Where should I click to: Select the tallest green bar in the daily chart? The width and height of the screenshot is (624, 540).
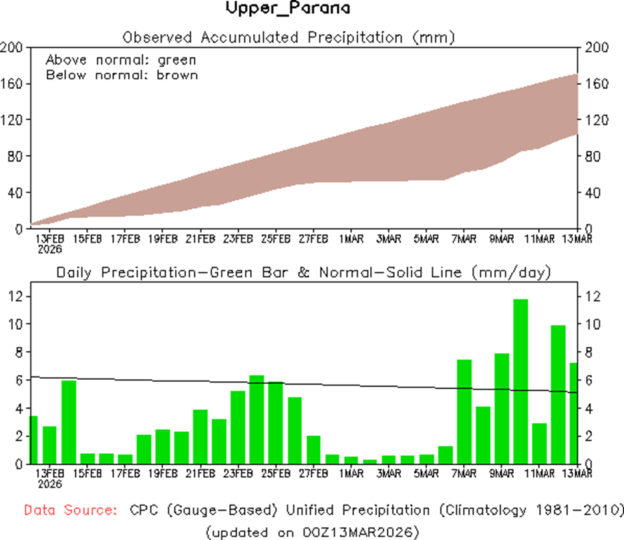520,381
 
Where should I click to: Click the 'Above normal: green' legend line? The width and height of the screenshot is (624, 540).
121,60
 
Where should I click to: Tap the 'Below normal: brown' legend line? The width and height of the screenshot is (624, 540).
122,75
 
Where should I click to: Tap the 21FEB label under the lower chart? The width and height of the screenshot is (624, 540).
200,475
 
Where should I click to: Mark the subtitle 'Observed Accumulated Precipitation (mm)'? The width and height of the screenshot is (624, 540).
289,37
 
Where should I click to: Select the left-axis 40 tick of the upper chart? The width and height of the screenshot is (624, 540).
15,193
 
